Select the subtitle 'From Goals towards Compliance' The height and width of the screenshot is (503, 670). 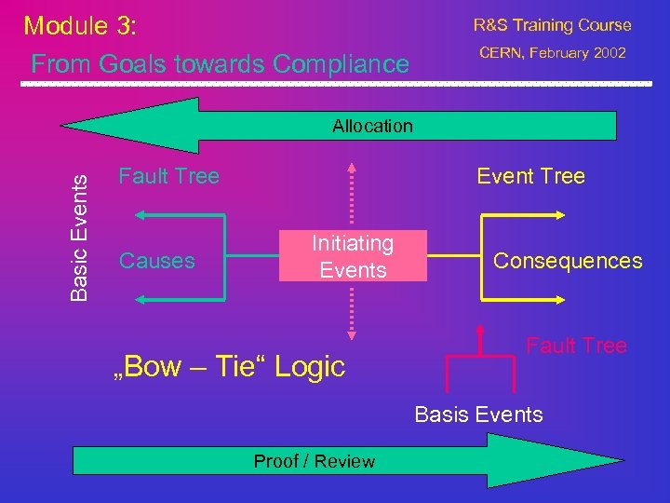220,63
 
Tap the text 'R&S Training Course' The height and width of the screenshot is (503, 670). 552,25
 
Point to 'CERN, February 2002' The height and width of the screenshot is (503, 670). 552,52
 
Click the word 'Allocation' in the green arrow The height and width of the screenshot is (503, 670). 372,126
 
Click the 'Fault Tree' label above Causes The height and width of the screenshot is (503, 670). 168,176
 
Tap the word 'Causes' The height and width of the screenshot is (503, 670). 157,261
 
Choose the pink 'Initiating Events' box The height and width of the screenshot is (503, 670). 353,256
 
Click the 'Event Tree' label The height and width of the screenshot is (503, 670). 530,176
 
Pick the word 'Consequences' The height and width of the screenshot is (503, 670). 568,261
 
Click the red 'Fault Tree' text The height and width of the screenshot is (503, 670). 576,346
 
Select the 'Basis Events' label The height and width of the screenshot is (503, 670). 478,415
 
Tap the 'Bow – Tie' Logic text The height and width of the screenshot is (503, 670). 228,367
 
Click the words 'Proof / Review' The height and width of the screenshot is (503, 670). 315,461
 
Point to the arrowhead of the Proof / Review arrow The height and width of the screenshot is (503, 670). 535,461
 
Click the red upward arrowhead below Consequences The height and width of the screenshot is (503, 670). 481,328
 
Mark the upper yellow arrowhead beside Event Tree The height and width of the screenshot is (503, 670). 557,214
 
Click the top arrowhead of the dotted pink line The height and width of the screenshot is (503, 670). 352,169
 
